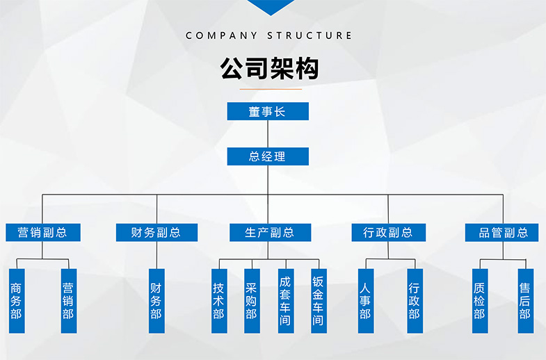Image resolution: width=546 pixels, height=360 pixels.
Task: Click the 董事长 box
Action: pyautogui.click(x=268, y=111)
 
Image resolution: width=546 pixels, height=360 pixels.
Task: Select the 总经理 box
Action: pyautogui.click(x=268, y=156)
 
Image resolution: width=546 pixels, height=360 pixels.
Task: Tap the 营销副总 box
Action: pyautogui.click(x=43, y=233)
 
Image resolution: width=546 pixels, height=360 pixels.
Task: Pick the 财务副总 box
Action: pyautogui.click(x=156, y=233)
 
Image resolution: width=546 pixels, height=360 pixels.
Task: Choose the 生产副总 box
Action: pyautogui.click(x=269, y=233)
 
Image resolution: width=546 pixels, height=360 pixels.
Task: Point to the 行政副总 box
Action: pyautogui.click(x=388, y=233)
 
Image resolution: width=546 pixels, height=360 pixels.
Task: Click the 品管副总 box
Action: pyautogui.click(x=502, y=233)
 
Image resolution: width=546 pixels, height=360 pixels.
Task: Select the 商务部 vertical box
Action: pyautogui.click(x=16, y=301)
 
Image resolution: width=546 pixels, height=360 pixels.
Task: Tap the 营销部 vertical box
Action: pyautogui.click(x=68, y=301)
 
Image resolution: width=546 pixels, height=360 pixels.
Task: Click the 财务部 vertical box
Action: pyautogui.click(x=156, y=301)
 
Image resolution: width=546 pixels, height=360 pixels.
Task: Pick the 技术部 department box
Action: pyautogui.click(x=219, y=301)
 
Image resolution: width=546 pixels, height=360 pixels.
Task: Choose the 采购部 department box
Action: pyautogui.click(x=252, y=301)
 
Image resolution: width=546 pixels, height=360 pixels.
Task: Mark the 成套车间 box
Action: pyautogui.click(x=285, y=301)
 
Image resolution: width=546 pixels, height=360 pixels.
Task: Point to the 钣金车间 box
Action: pyautogui.click(x=318, y=301)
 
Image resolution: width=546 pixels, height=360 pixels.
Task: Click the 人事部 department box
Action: pyautogui.click(x=365, y=301)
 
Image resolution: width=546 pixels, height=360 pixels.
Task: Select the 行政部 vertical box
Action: pyautogui.click(x=415, y=301)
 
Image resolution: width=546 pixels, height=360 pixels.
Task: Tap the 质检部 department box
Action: pyautogui.click(x=479, y=301)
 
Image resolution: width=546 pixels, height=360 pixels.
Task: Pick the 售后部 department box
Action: pyautogui.click(x=525, y=301)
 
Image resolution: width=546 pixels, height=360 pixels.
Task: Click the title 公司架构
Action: pyautogui.click(x=269, y=69)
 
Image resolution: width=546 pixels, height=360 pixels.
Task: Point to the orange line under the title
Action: pyautogui.click(x=269, y=89)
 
